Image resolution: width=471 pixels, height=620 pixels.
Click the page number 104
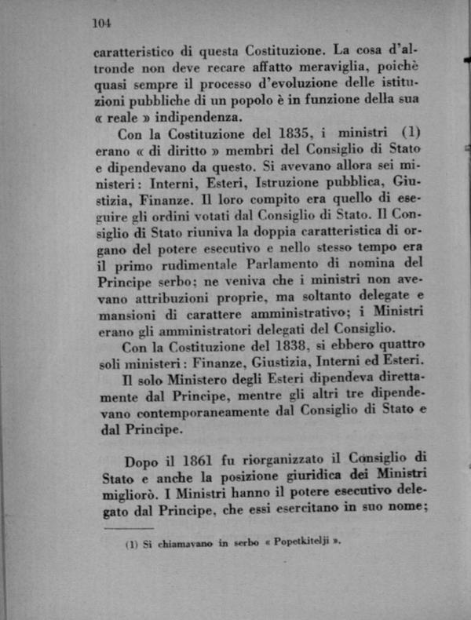[102, 23]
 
